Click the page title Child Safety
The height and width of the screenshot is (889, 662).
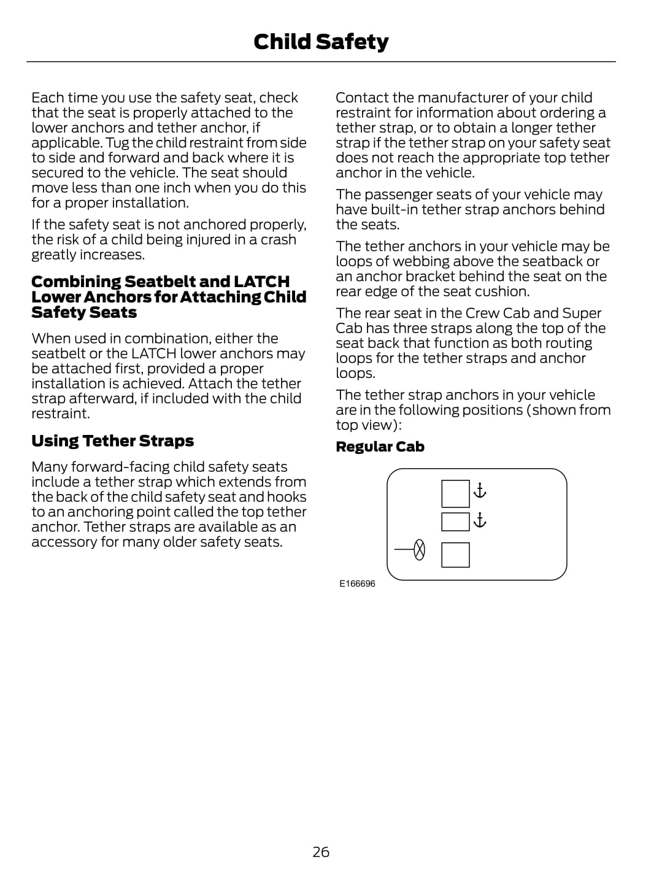pos(321,42)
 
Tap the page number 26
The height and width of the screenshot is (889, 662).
pos(321,852)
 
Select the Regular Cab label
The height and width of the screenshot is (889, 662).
pos(380,447)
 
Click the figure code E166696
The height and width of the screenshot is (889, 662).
pos(357,583)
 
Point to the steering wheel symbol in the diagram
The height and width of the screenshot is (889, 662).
pos(419,550)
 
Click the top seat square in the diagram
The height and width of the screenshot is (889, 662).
pos(455,494)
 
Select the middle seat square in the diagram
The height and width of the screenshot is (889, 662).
pos(455,521)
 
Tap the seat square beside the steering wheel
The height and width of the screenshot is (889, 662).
pos(455,555)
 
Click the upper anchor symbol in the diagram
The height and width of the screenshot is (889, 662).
pos(480,490)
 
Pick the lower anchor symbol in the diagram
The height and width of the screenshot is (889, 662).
pos(480,520)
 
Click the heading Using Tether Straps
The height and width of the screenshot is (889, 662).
pos(112,441)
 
